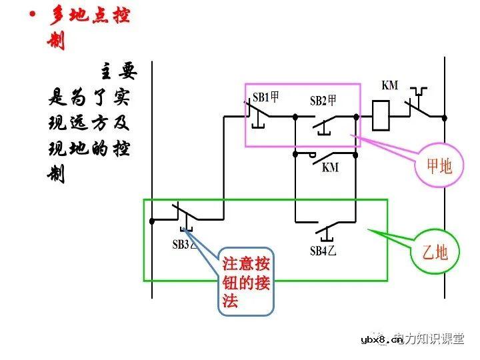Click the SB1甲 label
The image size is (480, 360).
click(x=265, y=97)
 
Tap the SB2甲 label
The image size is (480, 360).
click(x=323, y=101)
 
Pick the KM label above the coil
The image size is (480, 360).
click(x=390, y=85)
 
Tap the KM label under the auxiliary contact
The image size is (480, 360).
click(x=330, y=167)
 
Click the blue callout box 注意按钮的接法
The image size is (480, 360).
click(x=247, y=281)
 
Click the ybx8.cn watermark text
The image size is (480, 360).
click(x=383, y=340)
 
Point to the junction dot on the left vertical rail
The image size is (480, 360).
click(x=153, y=219)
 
